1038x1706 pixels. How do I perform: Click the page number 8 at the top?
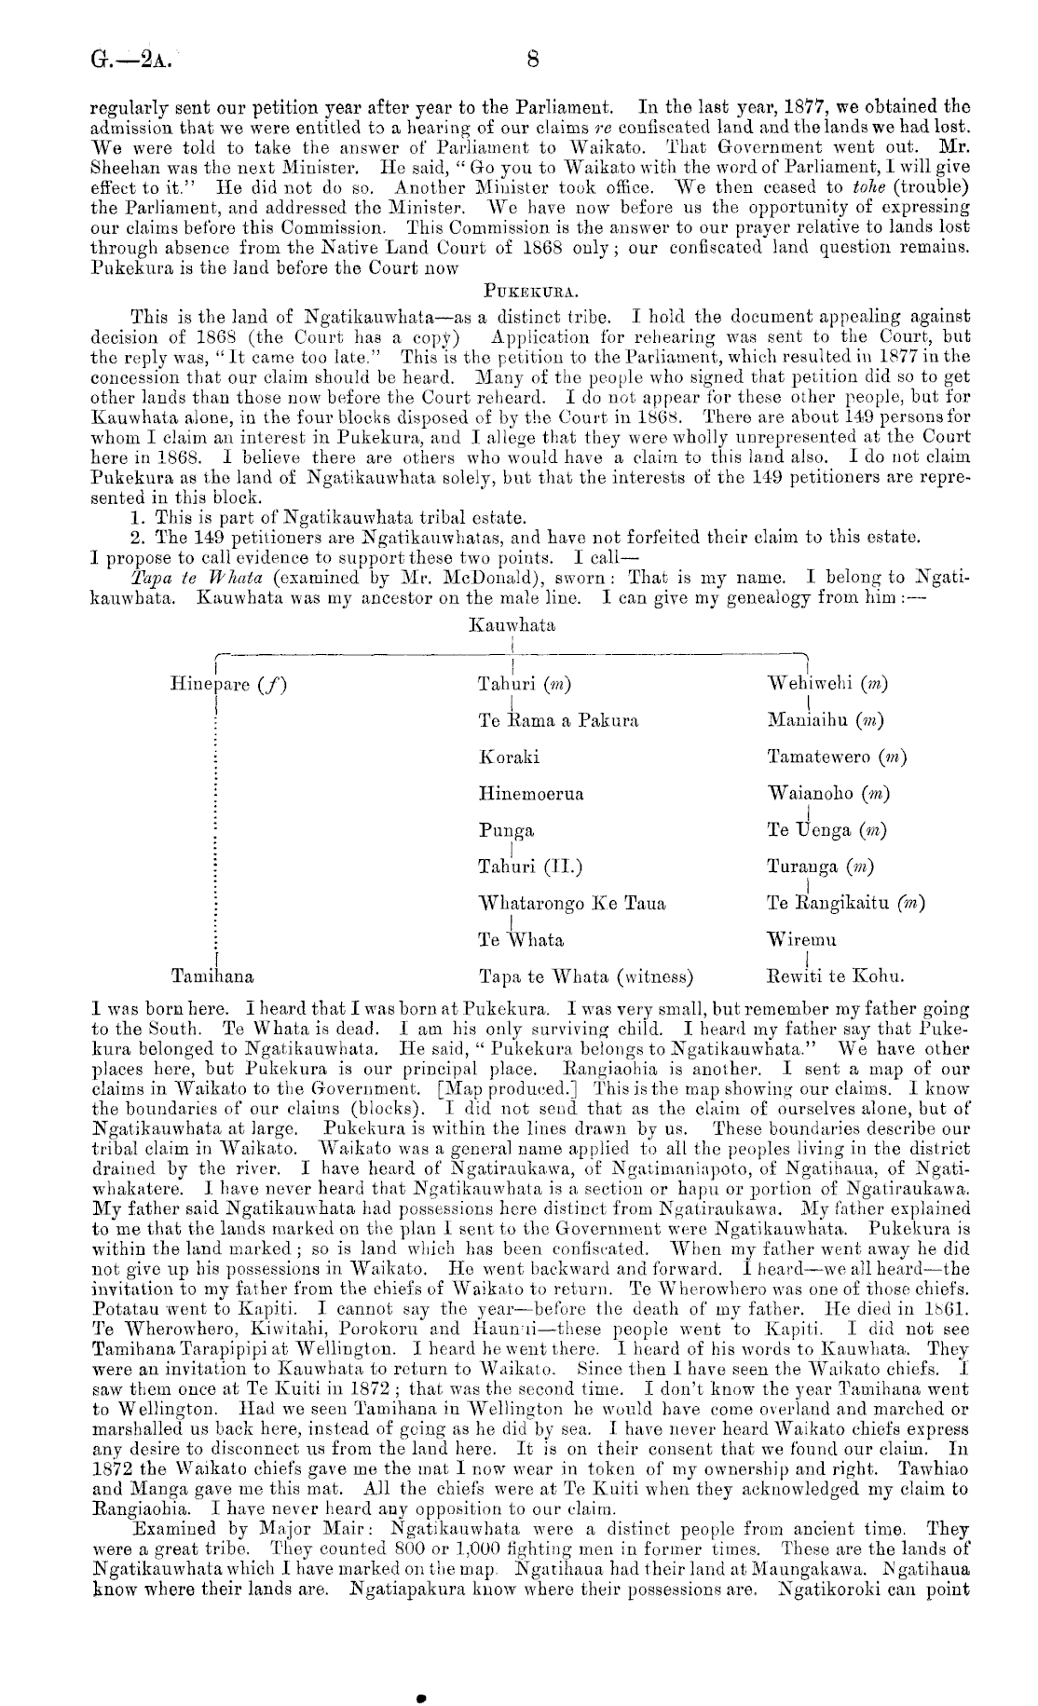click(533, 61)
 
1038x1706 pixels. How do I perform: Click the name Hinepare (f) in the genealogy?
click(228, 685)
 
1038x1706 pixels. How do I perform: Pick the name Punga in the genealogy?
click(506, 831)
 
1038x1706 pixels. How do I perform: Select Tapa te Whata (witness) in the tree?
click(585, 977)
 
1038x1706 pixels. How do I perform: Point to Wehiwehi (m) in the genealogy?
click(826, 685)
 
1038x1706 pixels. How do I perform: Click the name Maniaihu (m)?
click(826, 721)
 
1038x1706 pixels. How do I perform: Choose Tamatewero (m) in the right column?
click(837, 757)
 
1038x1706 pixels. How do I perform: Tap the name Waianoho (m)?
click(827, 794)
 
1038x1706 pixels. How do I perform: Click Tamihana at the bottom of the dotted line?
click(213, 977)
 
